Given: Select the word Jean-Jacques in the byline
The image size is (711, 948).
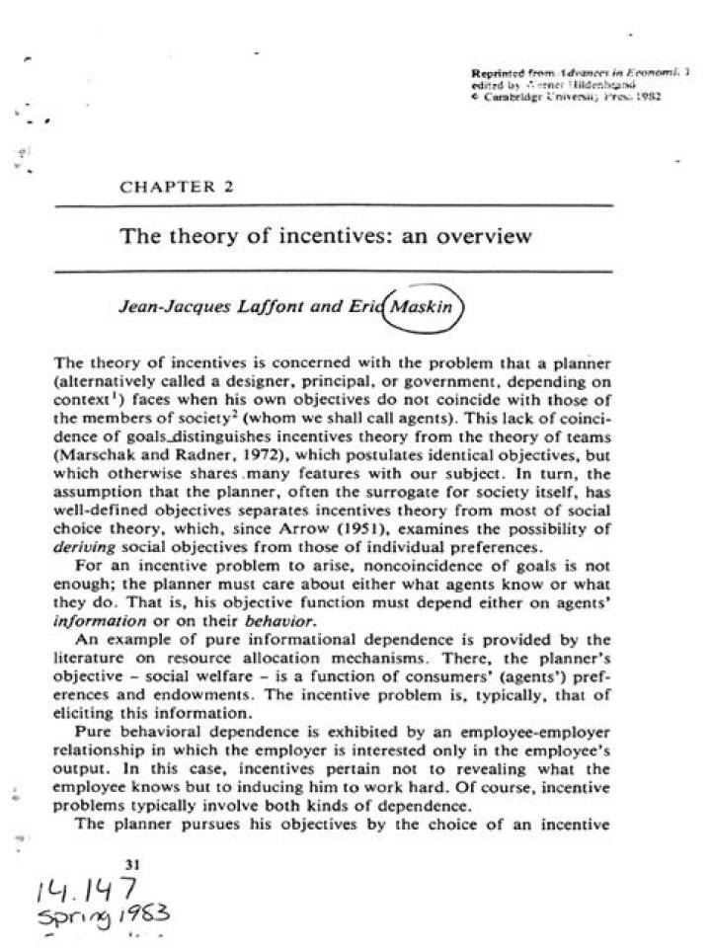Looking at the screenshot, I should click(162, 306).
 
